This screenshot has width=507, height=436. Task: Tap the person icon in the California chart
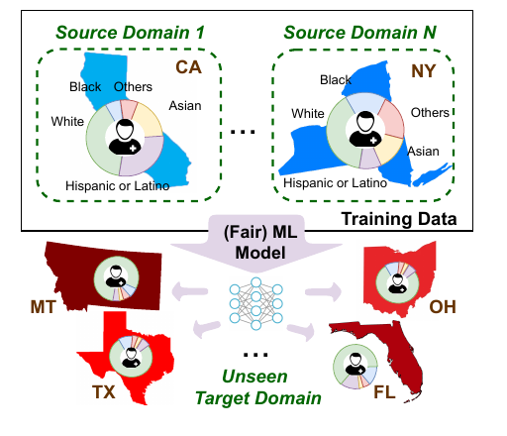(126, 137)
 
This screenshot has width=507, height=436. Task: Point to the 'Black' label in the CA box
(85, 87)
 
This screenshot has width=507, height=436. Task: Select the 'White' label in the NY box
(310, 113)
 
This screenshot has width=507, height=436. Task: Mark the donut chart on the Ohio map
(399, 278)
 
